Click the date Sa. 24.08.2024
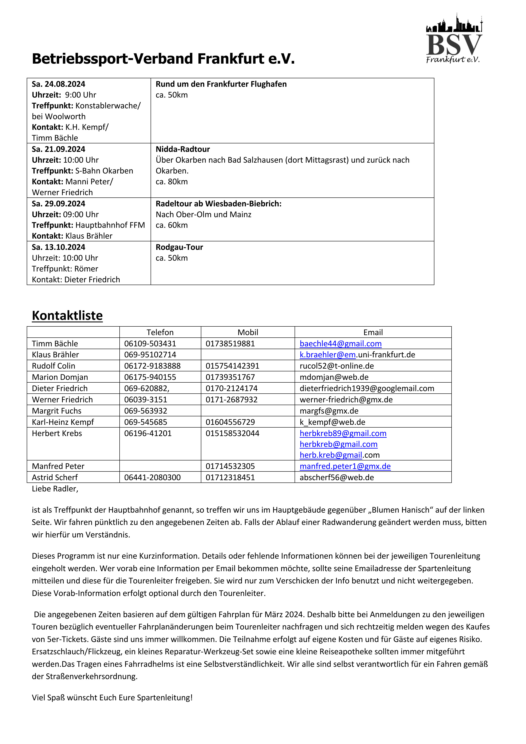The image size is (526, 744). [58, 84]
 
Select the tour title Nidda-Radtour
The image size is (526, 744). [183, 149]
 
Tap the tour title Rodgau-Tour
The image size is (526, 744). [179, 247]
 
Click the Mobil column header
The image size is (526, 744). [248, 333]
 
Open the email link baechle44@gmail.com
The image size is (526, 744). [340, 344]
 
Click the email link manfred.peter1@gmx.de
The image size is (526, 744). [345, 466]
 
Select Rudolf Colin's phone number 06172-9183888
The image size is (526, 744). [152, 366]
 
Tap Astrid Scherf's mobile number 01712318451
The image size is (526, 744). [230, 478]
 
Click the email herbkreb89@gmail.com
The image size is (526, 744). [343, 434]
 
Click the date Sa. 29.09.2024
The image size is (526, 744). [58, 204]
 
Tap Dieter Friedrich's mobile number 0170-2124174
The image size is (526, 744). [231, 389]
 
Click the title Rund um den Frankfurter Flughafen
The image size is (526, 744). [221, 84]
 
